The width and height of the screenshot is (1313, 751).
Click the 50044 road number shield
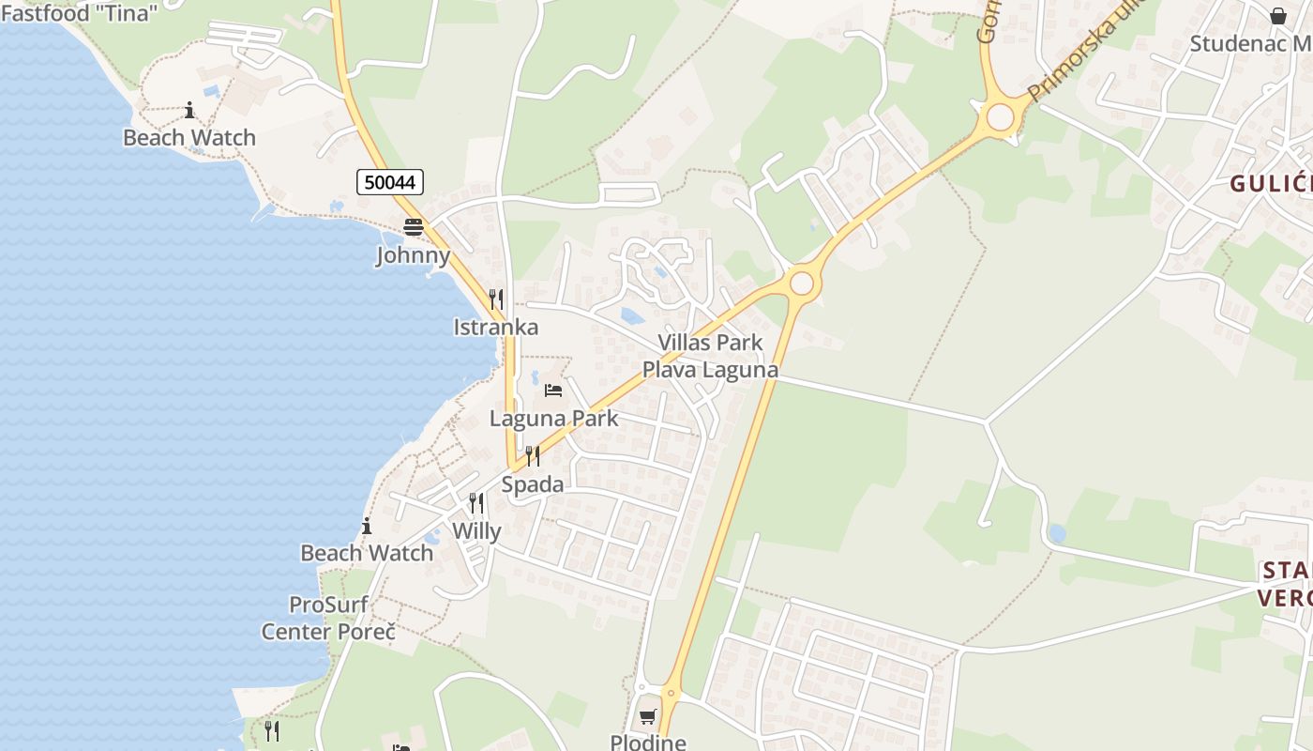390,182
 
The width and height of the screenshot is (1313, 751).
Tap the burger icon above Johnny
414,227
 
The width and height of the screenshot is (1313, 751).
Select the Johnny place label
414,255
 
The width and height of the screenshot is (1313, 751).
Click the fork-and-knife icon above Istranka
496,299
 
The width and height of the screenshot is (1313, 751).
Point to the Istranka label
496,327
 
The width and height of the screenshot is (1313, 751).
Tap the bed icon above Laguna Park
553,390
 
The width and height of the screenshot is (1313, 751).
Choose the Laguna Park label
554,418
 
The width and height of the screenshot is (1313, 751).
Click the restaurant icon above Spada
533,456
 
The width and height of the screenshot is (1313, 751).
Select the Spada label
533,484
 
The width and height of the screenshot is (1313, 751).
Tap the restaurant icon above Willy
476,503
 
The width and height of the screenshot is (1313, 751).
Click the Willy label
476,531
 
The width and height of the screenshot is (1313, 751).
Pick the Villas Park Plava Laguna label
710,356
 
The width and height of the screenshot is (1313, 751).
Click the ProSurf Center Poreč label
328,618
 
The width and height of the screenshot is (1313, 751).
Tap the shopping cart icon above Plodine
647,717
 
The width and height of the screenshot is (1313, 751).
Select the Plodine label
648,742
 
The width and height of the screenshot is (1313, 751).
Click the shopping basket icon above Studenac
1278,16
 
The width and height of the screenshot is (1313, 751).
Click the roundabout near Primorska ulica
1001,117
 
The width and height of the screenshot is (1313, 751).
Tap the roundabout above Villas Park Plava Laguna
802,283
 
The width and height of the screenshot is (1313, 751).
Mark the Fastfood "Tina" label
79,13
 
